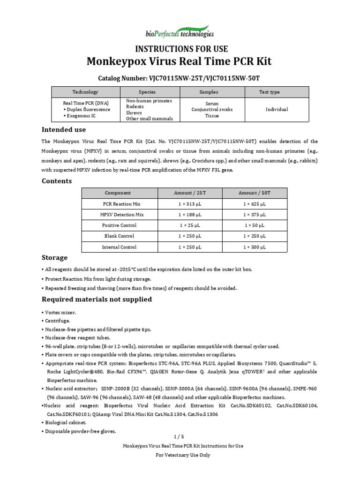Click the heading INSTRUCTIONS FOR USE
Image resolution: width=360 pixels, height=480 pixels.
pyautogui.click(x=181, y=49)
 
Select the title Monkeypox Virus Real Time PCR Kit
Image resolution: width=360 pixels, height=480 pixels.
pyautogui.click(x=179, y=62)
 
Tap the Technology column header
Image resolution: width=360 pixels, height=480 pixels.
pyautogui.click(x=85, y=92)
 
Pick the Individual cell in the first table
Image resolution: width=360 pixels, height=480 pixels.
pyautogui.click(x=277, y=110)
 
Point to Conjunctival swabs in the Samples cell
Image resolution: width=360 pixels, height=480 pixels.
pyautogui.click(x=212, y=110)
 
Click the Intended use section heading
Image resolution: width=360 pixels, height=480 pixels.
pyautogui.click(x=64, y=129)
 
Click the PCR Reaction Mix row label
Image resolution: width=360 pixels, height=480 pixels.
pyautogui.click(x=121, y=204)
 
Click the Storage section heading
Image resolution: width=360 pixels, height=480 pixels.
pyautogui.click(x=55, y=258)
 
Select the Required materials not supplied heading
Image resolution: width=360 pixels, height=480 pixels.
pyautogui.click(x=97, y=300)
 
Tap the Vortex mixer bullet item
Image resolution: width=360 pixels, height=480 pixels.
pyautogui.click(x=60, y=312)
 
